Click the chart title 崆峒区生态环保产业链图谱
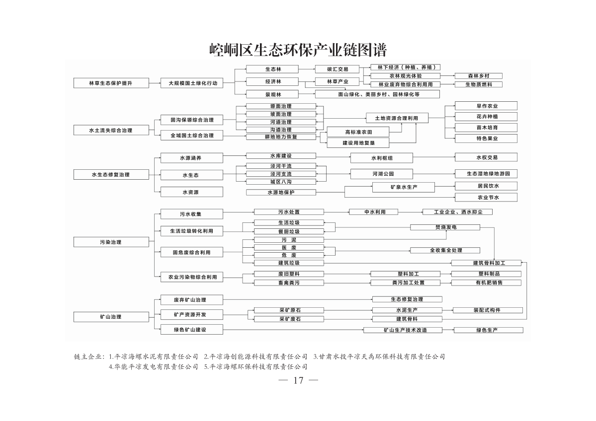[298, 50]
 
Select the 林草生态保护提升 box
[111, 83]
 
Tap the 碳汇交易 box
[337, 69]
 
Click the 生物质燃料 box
[479, 84]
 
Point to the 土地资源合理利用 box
[397, 118]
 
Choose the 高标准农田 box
[358, 132]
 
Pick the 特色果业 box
[486, 139]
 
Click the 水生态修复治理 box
[111, 175]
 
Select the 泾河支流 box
[281, 174]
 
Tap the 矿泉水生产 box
[403, 187]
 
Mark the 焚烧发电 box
[445, 227]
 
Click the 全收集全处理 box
[445, 250]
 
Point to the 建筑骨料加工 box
[486, 263]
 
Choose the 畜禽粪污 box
[289, 282]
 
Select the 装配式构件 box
[488, 310]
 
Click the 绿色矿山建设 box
[191, 330]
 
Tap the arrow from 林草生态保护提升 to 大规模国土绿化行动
[154, 83]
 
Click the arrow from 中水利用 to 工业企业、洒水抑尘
[410, 212]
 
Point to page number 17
[298, 380]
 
